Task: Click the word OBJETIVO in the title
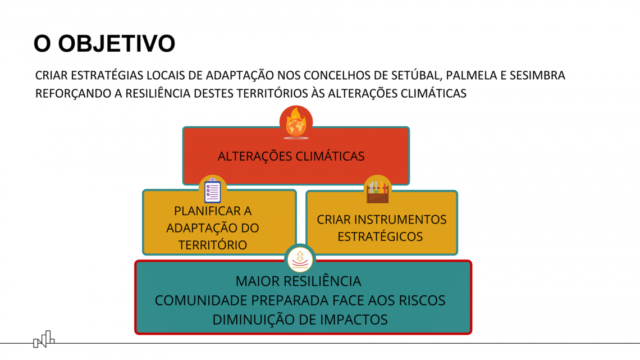(x=116, y=44)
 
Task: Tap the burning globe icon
(x=296, y=122)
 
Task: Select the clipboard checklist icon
(x=212, y=190)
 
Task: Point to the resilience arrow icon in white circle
(x=300, y=259)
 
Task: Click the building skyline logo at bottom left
(x=44, y=339)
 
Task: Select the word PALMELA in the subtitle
(x=472, y=75)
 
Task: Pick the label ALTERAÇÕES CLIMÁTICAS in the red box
(x=291, y=156)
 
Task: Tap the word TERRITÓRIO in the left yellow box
(x=213, y=245)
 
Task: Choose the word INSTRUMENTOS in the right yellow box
(x=400, y=220)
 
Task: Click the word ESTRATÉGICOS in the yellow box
(x=380, y=237)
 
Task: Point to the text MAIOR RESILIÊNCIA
(x=298, y=281)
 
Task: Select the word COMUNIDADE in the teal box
(x=201, y=300)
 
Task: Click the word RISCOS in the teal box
(x=422, y=300)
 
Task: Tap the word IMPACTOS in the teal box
(x=354, y=320)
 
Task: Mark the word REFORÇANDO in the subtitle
(x=73, y=93)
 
